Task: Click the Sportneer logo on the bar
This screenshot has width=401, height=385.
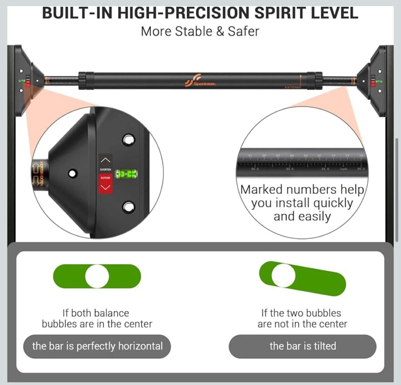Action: pyautogui.click(x=200, y=81)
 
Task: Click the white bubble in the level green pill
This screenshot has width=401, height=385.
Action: pyautogui.click(x=97, y=276)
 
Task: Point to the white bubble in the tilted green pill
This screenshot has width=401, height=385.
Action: pyautogui.click(x=283, y=275)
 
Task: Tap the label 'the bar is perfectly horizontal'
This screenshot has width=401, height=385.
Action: pyautogui.click(x=97, y=346)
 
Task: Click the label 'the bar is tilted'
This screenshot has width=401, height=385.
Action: pyautogui.click(x=303, y=346)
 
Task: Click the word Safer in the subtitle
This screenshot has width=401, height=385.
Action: pyautogui.click(x=243, y=31)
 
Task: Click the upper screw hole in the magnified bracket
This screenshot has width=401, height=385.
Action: pyautogui.click(x=129, y=139)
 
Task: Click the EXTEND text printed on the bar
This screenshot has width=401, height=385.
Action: pyautogui.click(x=292, y=87)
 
